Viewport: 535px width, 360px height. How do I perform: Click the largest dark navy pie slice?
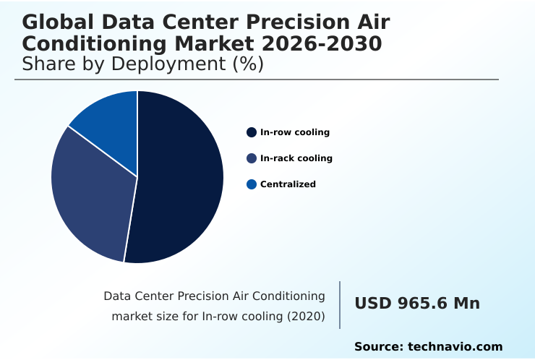(181, 181)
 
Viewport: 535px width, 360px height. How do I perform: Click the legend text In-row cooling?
(294, 132)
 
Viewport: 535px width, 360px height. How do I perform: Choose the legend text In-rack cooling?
(296, 158)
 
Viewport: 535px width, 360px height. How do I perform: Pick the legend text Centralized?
(288, 184)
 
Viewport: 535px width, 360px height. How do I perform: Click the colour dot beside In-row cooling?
(252, 132)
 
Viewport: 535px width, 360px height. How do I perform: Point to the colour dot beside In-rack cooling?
(252, 158)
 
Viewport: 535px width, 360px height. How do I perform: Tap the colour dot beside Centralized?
(252, 184)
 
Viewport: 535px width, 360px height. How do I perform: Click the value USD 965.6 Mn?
(416, 304)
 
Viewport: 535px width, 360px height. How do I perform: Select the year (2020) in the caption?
(304, 316)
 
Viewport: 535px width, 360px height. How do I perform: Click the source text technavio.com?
(455, 347)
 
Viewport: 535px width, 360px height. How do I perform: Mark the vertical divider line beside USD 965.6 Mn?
(340, 305)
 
